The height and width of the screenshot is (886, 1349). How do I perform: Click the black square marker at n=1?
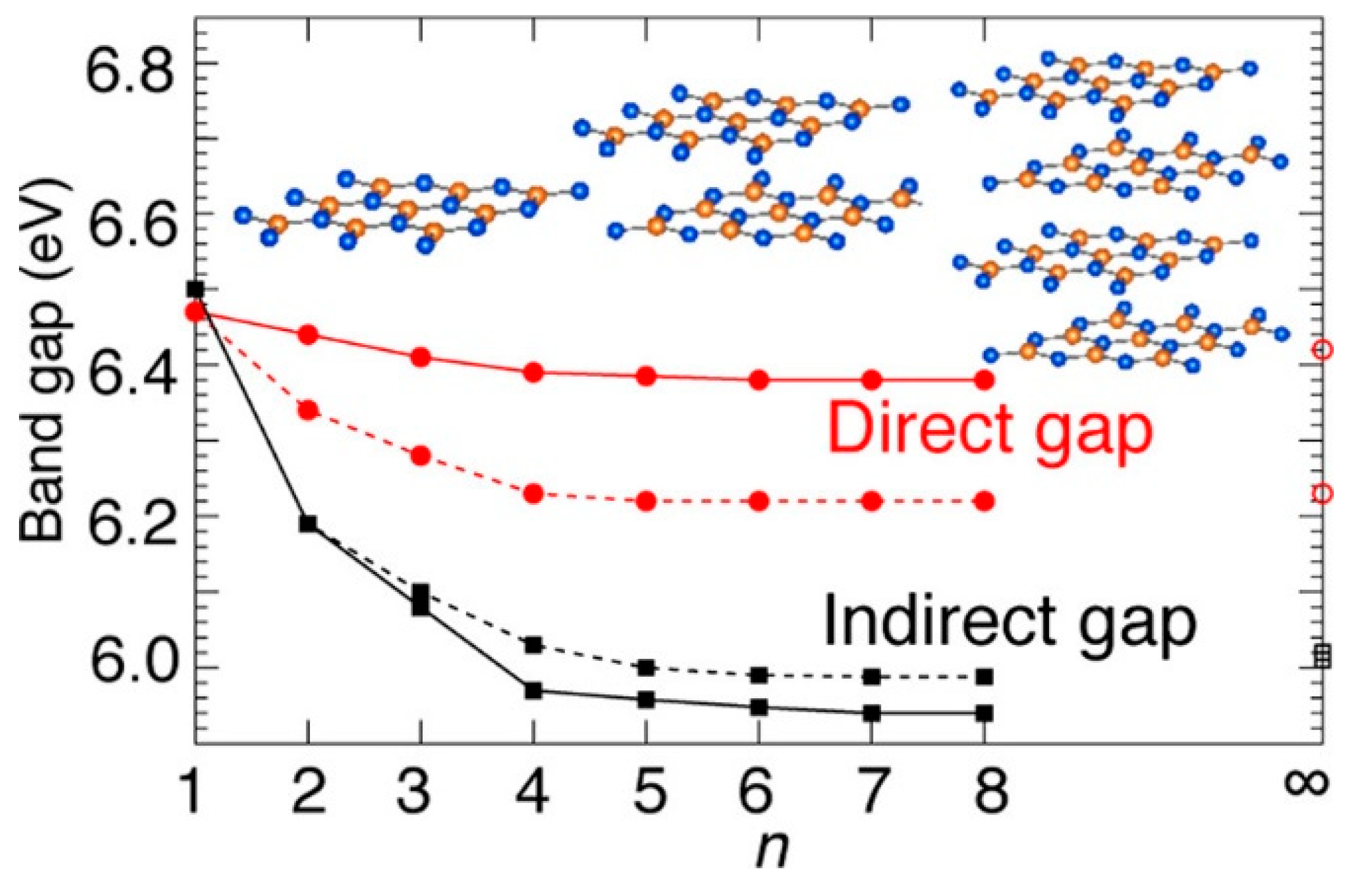(196, 289)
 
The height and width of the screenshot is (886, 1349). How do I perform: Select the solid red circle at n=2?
(308, 334)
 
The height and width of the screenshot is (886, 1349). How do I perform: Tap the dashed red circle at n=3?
(421, 455)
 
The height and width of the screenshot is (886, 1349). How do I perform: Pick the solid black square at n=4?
(533, 691)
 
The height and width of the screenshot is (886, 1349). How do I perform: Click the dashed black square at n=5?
(646, 667)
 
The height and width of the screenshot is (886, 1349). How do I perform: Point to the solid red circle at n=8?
(984, 380)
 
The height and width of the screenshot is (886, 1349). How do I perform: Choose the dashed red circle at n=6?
(759, 501)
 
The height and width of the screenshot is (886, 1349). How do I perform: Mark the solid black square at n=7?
(872, 713)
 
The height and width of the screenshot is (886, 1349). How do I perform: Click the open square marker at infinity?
(1322, 656)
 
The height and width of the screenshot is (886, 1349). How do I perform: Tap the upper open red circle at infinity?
(1322, 349)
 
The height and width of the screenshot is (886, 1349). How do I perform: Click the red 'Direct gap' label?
(990, 430)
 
